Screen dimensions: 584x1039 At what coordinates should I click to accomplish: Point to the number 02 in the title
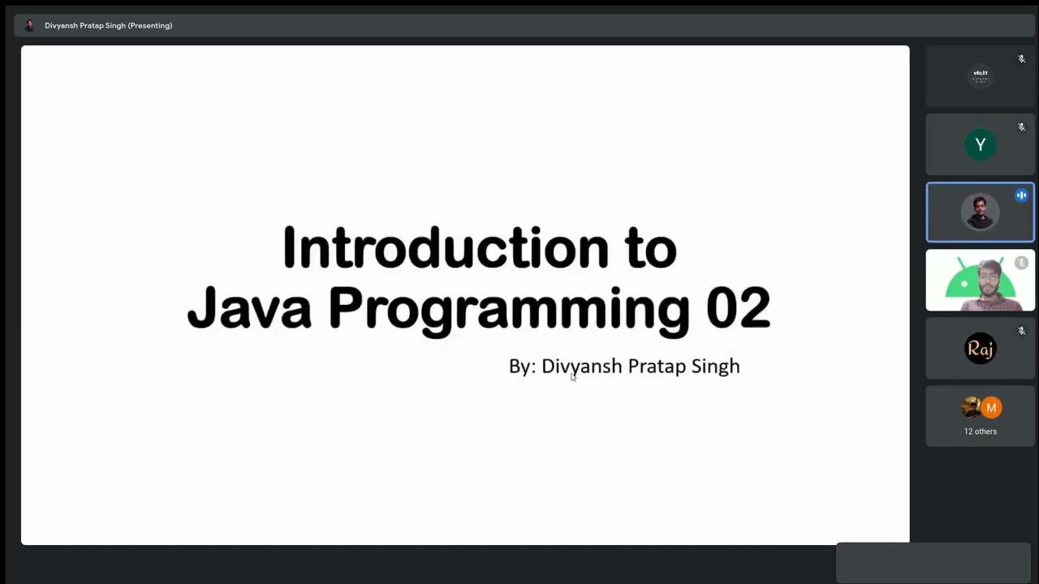pos(738,308)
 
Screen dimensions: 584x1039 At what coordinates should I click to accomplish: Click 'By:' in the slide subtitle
pos(522,366)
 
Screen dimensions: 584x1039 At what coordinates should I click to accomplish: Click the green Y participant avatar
pos(980,144)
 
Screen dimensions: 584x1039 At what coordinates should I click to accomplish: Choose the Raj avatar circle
pos(980,348)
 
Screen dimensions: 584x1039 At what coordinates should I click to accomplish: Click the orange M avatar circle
pos(991,407)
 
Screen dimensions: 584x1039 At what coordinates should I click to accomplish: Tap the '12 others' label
pos(980,432)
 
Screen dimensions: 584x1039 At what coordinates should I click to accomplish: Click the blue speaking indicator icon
pos(1021,195)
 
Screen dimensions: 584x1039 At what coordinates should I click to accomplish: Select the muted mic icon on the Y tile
pos(1021,127)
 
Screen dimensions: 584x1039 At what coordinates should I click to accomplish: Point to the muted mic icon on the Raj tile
pos(1021,331)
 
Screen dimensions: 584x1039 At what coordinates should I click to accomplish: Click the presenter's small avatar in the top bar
pos(29,25)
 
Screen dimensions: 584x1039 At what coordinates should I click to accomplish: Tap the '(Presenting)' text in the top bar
pos(150,25)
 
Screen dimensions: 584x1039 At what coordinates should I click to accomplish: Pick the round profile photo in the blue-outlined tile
pos(980,213)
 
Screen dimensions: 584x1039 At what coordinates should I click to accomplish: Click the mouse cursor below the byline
pos(573,377)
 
